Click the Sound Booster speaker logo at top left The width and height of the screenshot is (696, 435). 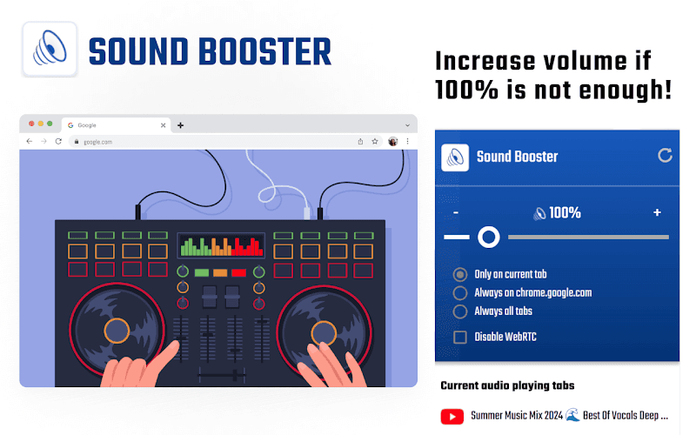tap(50, 50)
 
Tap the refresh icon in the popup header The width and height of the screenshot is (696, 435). tap(666, 156)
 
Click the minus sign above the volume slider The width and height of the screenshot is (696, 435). tap(456, 213)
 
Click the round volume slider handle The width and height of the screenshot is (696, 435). tap(489, 237)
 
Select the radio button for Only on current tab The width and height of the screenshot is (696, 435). tap(461, 274)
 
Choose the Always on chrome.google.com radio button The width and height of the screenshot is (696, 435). tap(461, 292)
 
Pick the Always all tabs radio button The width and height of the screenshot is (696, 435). tap(461, 311)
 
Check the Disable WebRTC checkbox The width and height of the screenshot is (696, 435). tap(461, 337)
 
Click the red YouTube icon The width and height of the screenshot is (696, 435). tap(452, 417)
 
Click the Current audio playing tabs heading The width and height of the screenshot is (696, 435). tap(507, 385)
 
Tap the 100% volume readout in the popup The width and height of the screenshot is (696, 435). tap(558, 213)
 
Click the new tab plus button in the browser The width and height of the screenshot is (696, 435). tap(180, 125)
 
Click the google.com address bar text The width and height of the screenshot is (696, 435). tap(97, 141)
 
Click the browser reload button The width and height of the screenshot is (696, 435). tap(58, 141)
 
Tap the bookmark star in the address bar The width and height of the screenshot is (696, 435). tap(375, 141)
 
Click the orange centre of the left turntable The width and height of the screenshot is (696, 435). tap(117, 331)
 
